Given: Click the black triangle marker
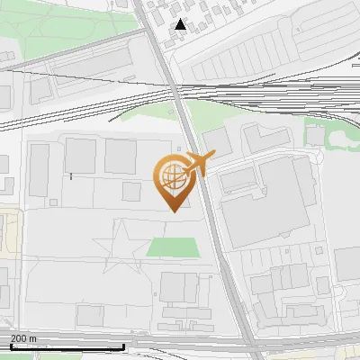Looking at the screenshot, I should [181, 24].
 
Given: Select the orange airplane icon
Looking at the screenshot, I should [198, 164].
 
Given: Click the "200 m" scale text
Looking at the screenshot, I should [23, 337].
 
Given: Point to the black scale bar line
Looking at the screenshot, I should [67, 346].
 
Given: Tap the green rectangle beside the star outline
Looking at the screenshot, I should [171, 247].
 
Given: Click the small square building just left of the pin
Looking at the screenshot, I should [132, 192].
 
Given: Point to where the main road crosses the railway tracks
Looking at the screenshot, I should [175, 94].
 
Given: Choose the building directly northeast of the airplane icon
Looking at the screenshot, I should [216, 139].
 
